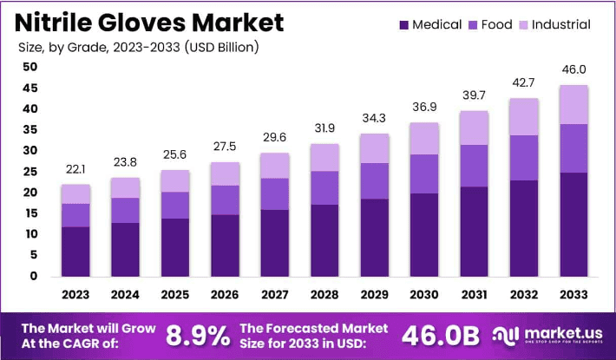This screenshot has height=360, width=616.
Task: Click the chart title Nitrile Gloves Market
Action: coord(148,22)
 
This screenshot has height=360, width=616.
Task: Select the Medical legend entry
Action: coord(429,24)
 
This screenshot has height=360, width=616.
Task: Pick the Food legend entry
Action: coord(488,24)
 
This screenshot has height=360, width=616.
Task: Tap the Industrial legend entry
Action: coord(552,24)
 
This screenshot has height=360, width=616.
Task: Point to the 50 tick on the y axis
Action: coord(29,67)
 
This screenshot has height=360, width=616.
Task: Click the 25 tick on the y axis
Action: coord(29,172)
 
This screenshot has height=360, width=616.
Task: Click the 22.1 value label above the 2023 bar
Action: coord(75,169)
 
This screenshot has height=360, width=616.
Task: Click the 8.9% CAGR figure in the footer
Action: coord(198,335)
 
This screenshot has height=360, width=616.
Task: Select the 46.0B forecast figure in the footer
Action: coord(441,335)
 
